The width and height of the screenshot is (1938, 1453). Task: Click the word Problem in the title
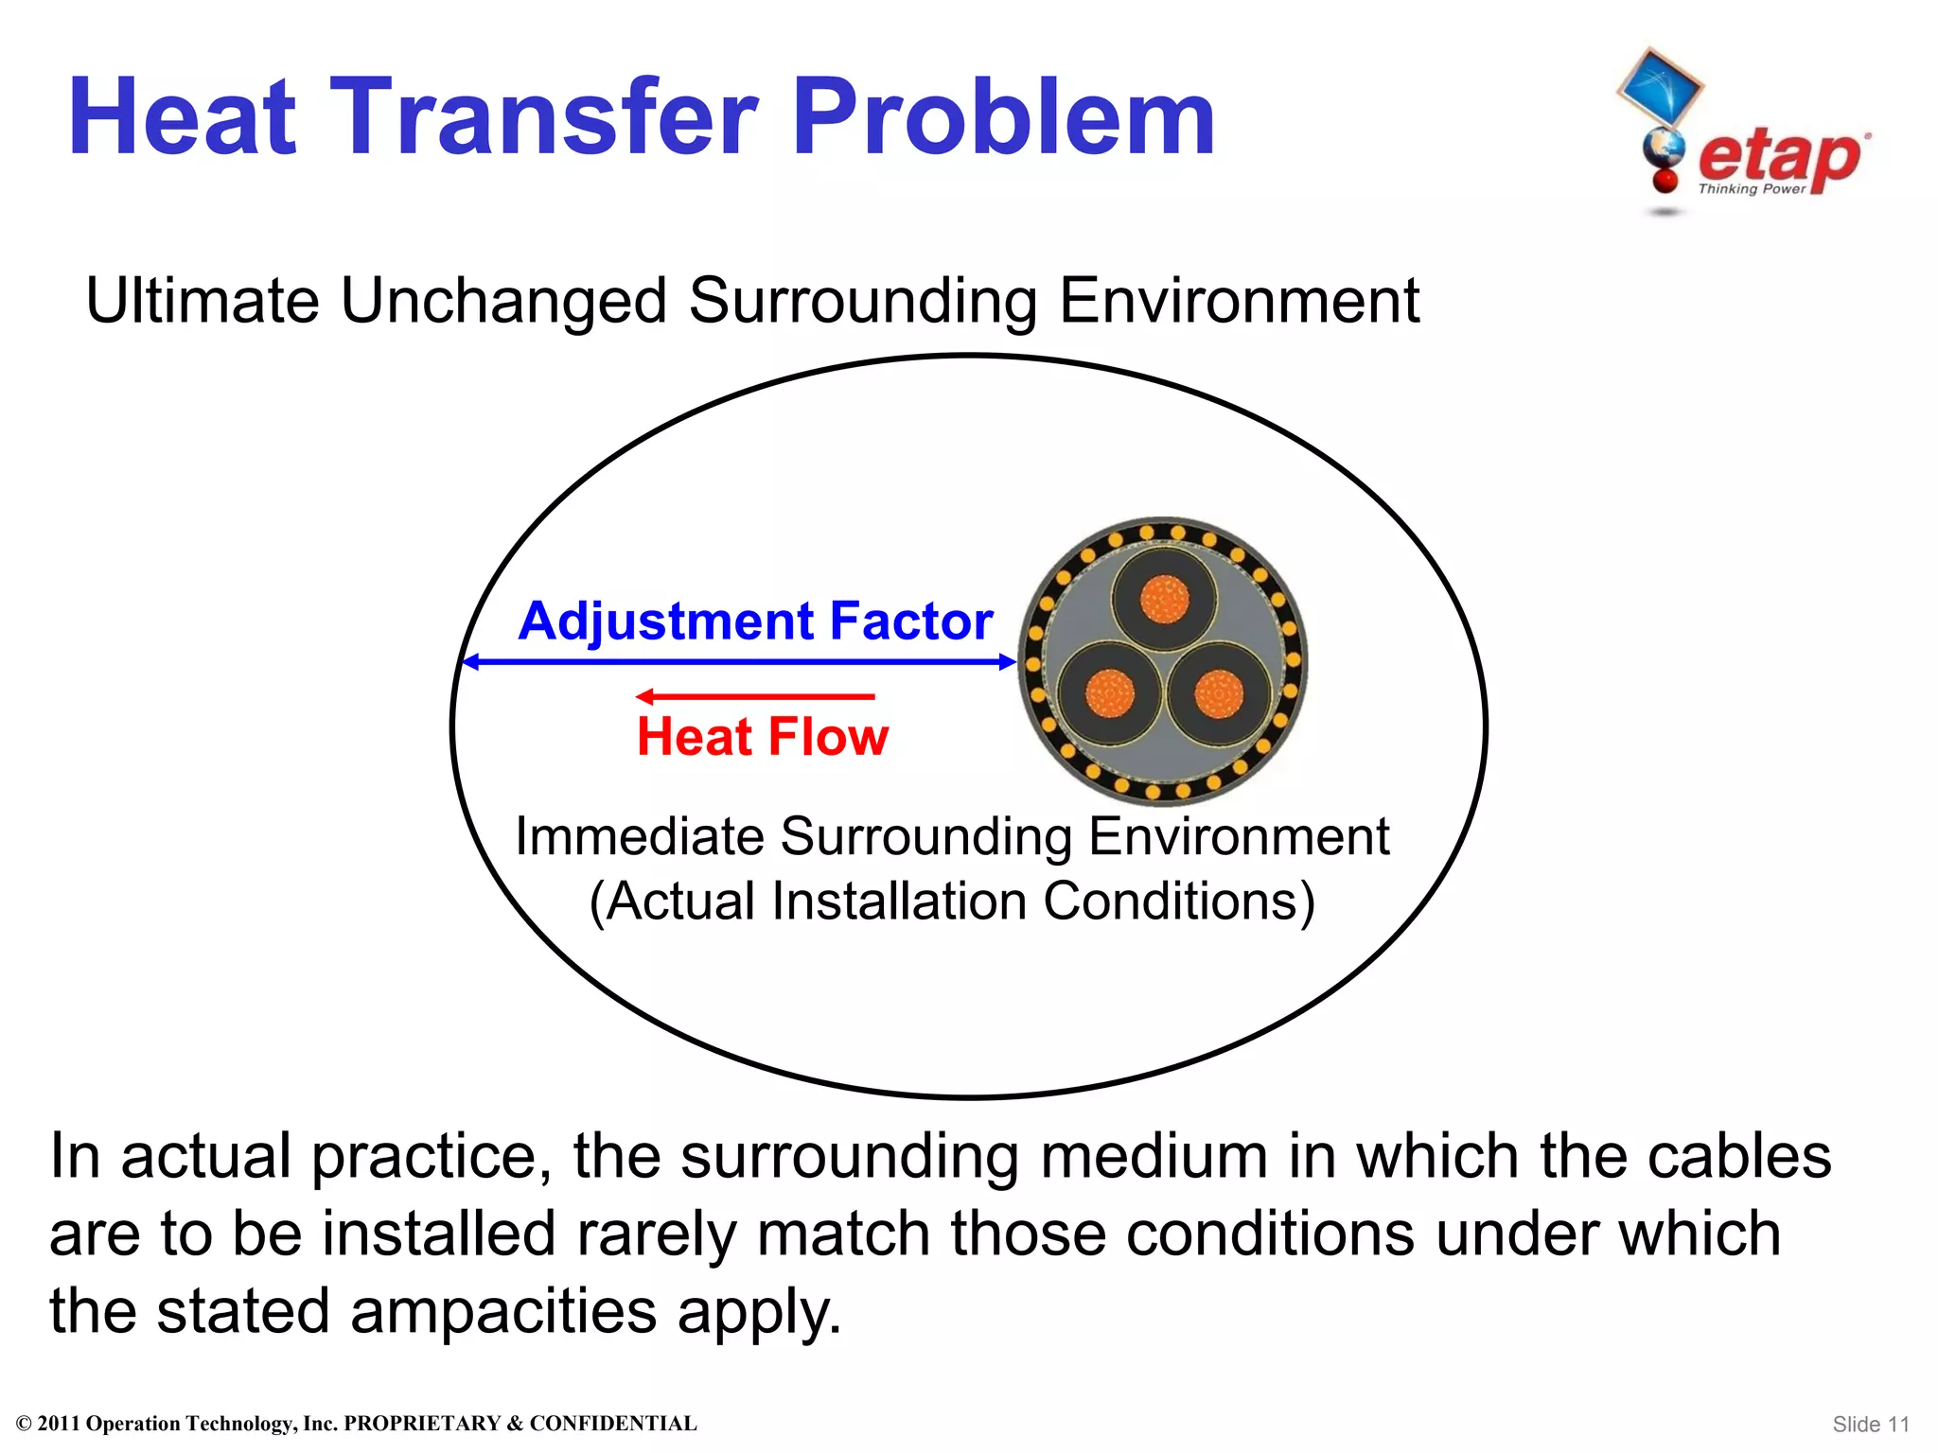point(1003,117)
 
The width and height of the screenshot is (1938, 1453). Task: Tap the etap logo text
point(1779,156)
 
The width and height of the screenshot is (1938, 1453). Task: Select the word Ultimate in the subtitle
point(203,301)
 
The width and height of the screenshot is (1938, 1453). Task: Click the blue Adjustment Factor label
point(755,621)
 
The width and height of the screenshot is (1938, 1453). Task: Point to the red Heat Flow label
point(763,736)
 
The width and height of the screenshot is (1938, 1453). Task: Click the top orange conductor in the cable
point(1164,600)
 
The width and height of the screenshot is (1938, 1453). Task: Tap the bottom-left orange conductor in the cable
point(1109,694)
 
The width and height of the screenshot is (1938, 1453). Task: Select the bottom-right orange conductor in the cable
point(1219,694)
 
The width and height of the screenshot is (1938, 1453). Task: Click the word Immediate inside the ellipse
point(639,837)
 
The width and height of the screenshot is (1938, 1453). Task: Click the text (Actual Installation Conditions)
point(952,901)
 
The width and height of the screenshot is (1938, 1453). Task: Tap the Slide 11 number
point(1870,1424)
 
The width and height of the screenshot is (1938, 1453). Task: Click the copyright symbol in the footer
point(25,1424)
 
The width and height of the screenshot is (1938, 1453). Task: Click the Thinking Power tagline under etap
point(1752,189)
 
